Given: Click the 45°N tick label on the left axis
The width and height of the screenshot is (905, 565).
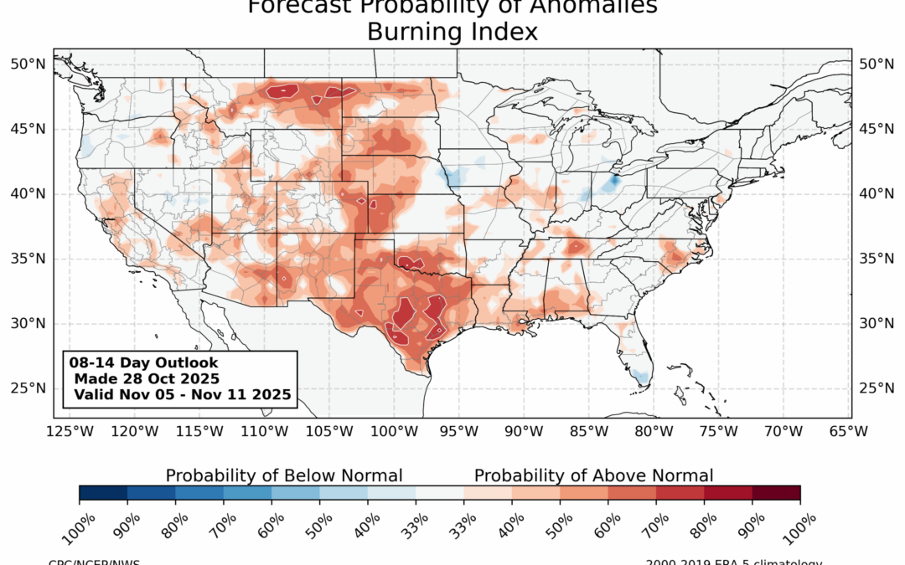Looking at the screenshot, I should [x=28, y=129].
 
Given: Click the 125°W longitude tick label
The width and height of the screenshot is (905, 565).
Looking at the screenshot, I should [x=70, y=432].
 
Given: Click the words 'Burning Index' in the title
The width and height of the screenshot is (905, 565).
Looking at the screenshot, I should [x=452, y=33].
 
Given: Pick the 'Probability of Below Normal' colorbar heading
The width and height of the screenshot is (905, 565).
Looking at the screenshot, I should [x=284, y=475].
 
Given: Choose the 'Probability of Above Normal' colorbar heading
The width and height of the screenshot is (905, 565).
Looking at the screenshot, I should [x=594, y=475].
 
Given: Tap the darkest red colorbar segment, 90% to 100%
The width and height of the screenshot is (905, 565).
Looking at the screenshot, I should [x=776, y=493].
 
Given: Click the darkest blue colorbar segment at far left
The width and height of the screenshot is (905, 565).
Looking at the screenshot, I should [x=103, y=493].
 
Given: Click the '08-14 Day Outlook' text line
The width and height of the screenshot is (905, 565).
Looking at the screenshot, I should [x=144, y=363].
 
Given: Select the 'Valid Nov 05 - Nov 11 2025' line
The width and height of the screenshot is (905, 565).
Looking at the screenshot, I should [x=182, y=393].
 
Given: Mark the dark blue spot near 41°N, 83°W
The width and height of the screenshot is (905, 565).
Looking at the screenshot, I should [x=613, y=180].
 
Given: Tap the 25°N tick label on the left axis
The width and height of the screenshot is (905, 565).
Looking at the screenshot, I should [x=28, y=388].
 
